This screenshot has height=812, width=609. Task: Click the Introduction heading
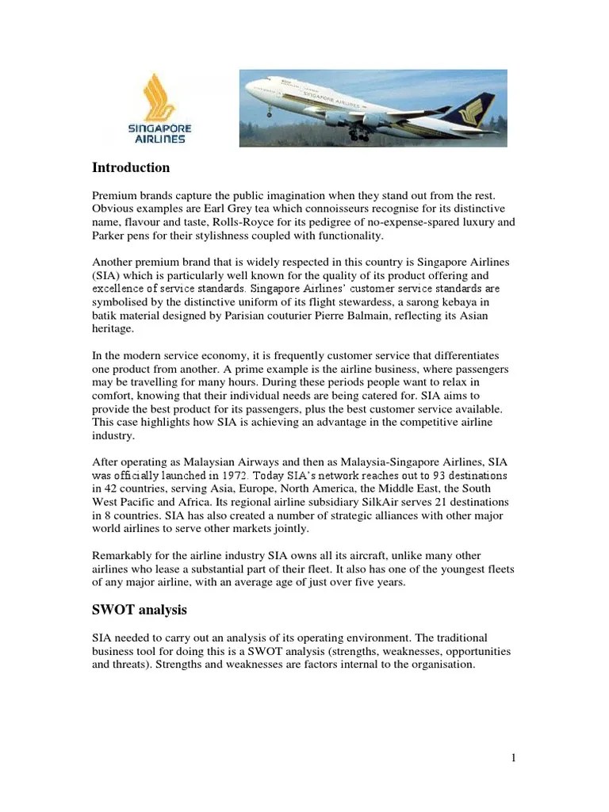(131, 168)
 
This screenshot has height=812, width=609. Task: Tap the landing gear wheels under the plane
(358, 136)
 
